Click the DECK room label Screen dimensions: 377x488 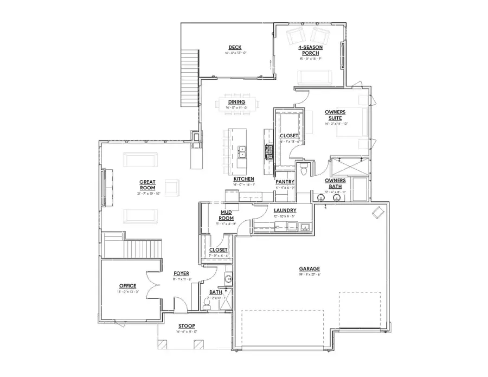pos(235,48)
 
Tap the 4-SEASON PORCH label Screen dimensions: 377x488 pos(310,51)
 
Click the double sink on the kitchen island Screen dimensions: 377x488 pos(242,151)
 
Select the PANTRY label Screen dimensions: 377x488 pos(285,182)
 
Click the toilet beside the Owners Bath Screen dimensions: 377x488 pos(305,169)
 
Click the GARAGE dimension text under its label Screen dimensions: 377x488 pos(310,274)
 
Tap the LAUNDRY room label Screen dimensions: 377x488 pos(285,210)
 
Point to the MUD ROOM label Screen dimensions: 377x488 pos(226,214)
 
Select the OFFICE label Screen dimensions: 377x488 pos(127,286)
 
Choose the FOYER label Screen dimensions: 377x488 pos(181,273)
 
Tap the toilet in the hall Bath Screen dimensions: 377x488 pos(207,305)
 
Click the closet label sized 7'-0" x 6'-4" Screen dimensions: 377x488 pos(219,250)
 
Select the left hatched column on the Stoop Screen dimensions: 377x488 pos(162,344)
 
